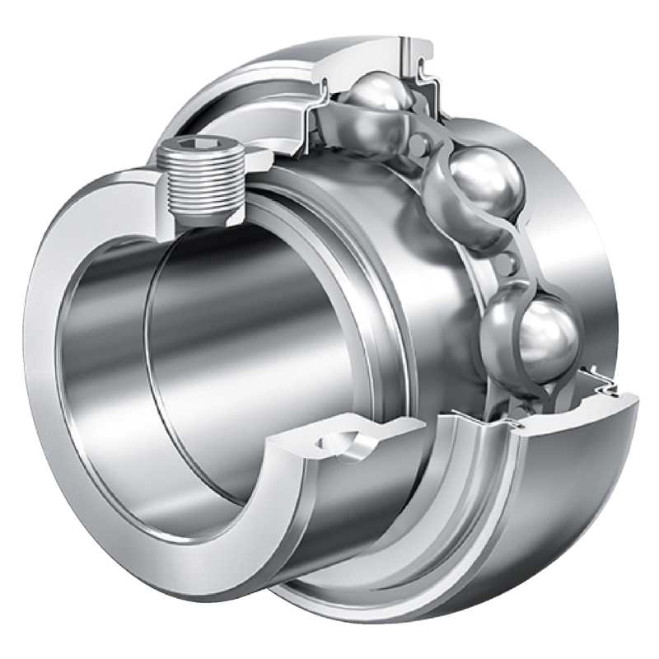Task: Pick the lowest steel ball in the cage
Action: tap(527, 334)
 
